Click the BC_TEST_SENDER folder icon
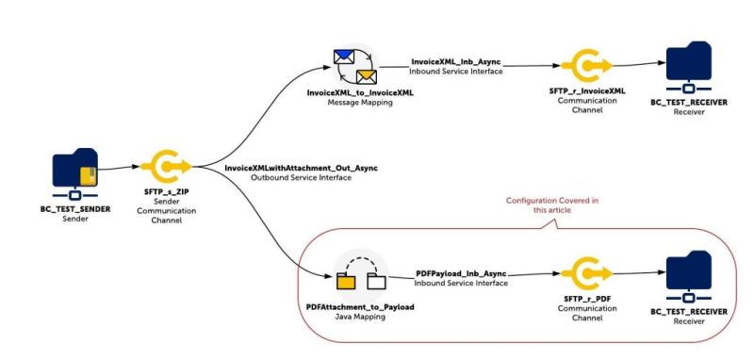pyautogui.click(x=74, y=171)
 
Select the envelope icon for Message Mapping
pyautogui.click(x=354, y=65)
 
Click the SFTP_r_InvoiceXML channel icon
pyautogui.click(x=587, y=64)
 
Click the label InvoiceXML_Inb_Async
pyautogui.click(x=457, y=61)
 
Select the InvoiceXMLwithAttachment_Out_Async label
pyautogui.click(x=301, y=167)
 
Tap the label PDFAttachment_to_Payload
pyautogui.click(x=361, y=307)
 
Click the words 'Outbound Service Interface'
pyautogui.click(x=301, y=177)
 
